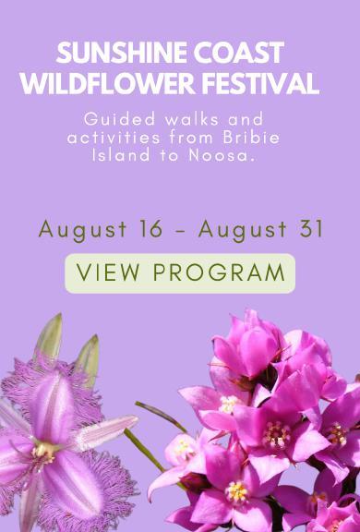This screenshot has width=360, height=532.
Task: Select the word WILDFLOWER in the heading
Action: [x=108, y=83]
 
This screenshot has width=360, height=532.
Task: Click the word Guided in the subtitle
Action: [x=120, y=119]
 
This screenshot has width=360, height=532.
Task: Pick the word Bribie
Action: [x=251, y=138]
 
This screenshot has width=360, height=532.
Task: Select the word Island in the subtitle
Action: [x=121, y=155]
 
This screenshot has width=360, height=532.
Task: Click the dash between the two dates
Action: [x=181, y=232]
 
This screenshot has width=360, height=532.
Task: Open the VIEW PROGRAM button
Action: [x=180, y=273]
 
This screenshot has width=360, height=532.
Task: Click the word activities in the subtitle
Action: [x=114, y=138]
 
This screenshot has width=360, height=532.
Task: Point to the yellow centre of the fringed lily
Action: [x=44, y=452]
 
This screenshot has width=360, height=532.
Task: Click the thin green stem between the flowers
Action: [x=146, y=452]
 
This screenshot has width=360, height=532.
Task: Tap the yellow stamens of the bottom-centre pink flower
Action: [x=236, y=491]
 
